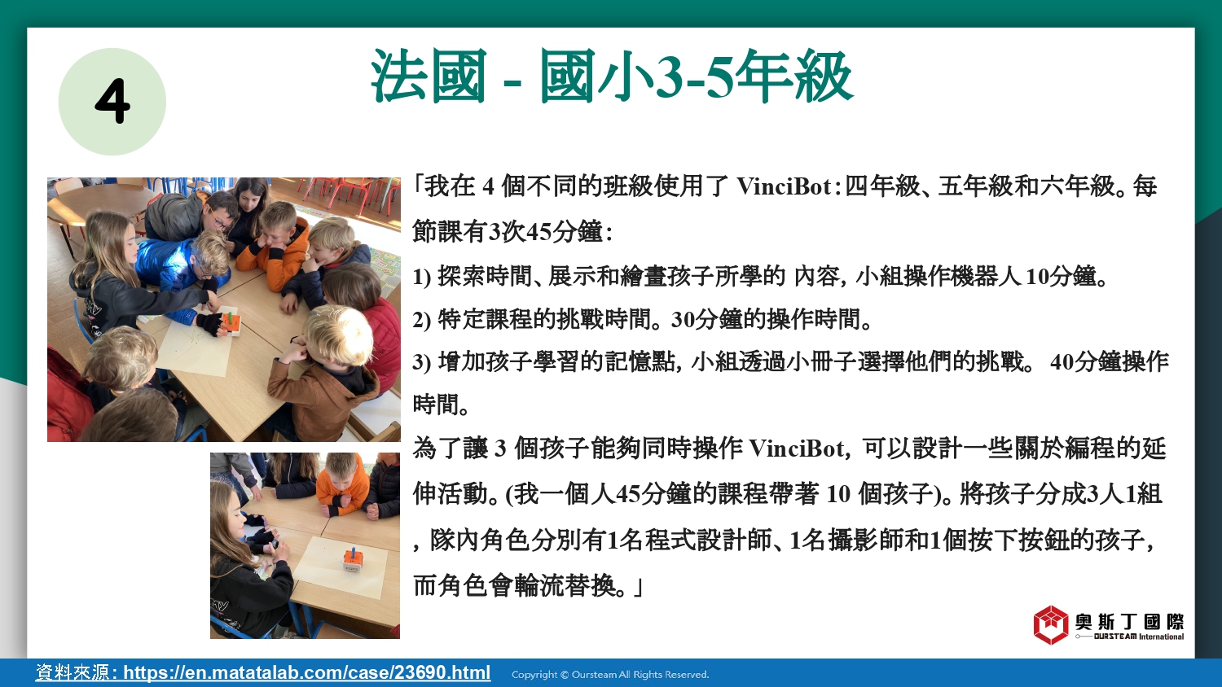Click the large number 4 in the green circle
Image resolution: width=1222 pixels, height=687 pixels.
[x=112, y=102]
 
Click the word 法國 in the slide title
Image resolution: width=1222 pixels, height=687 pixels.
[x=429, y=76]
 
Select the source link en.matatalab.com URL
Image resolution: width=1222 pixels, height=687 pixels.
[x=306, y=672]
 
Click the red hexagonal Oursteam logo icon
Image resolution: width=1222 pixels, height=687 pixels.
[x=1050, y=625]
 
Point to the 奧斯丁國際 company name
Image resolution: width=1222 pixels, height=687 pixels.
[x=1129, y=622]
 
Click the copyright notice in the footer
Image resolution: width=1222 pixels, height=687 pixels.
[x=610, y=675]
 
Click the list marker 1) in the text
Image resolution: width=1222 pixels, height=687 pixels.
[x=421, y=277]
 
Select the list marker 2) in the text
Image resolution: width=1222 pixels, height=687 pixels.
[x=421, y=320]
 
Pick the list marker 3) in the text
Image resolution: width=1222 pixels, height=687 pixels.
[x=421, y=362]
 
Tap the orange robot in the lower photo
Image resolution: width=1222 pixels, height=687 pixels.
[x=352, y=559]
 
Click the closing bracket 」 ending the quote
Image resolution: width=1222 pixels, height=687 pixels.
[x=637, y=588]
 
